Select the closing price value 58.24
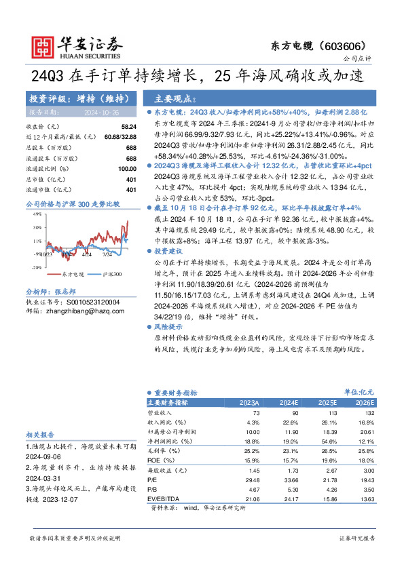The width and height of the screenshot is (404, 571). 128,127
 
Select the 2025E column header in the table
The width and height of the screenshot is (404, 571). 327,402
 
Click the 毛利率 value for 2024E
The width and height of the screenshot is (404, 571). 290,451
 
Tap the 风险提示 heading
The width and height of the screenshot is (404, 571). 170,326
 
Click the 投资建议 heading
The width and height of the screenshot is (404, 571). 170,251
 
